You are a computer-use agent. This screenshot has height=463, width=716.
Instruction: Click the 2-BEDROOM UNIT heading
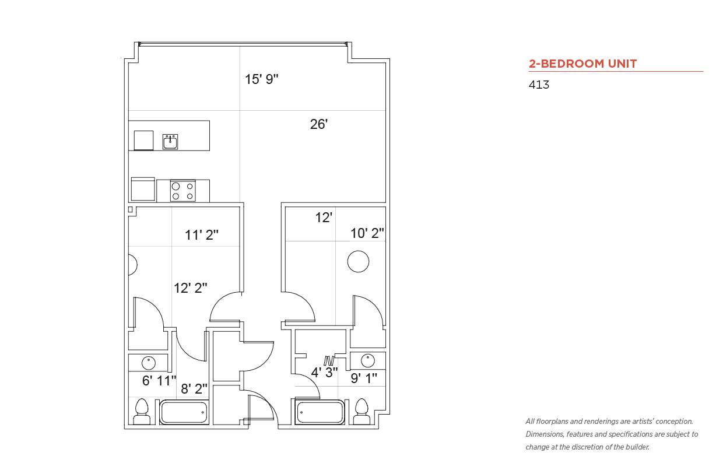pyautogui.click(x=582, y=64)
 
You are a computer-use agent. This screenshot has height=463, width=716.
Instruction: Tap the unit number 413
pyautogui.click(x=539, y=85)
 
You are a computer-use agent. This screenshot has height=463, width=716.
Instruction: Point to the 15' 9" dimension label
pyautogui.click(x=261, y=79)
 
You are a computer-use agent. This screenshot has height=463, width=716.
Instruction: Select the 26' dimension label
pyautogui.click(x=319, y=124)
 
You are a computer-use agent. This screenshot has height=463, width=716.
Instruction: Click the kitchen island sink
pyautogui.click(x=170, y=142)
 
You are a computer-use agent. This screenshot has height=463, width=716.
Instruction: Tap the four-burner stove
pyautogui.click(x=183, y=191)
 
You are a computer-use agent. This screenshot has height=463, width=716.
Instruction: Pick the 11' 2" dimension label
pyautogui.click(x=201, y=235)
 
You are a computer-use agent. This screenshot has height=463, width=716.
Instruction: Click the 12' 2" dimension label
pyautogui.click(x=190, y=288)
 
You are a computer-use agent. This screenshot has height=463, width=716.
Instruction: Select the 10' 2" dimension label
pyautogui.click(x=367, y=233)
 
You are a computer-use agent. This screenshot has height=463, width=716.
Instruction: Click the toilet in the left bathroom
pyautogui.click(x=142, y=412)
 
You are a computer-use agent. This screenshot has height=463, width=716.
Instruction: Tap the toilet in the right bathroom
pyautogui.click(x=361, y=412)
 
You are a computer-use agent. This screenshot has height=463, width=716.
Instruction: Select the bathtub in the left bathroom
pyautogui.click(x=184, y=412)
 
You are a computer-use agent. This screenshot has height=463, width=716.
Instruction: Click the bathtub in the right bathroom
pyautogui.click(x=320, y=412)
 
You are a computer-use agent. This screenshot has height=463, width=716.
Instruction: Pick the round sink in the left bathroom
pyautogui.click(x=148, y=363)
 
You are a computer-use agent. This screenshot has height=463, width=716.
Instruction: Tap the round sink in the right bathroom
pyautogui.click(x=368, y=361)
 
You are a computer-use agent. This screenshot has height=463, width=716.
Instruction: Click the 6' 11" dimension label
pyautogui.click(x=159, y=381)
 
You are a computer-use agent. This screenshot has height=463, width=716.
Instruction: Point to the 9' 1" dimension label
pyautogui.click(x=364, y=378)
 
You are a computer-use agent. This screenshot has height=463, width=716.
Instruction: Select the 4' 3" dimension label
pyautogui.click(x=324, y=372)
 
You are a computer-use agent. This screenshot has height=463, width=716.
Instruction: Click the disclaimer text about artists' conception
pyautogui.click(x=612, y=434)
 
